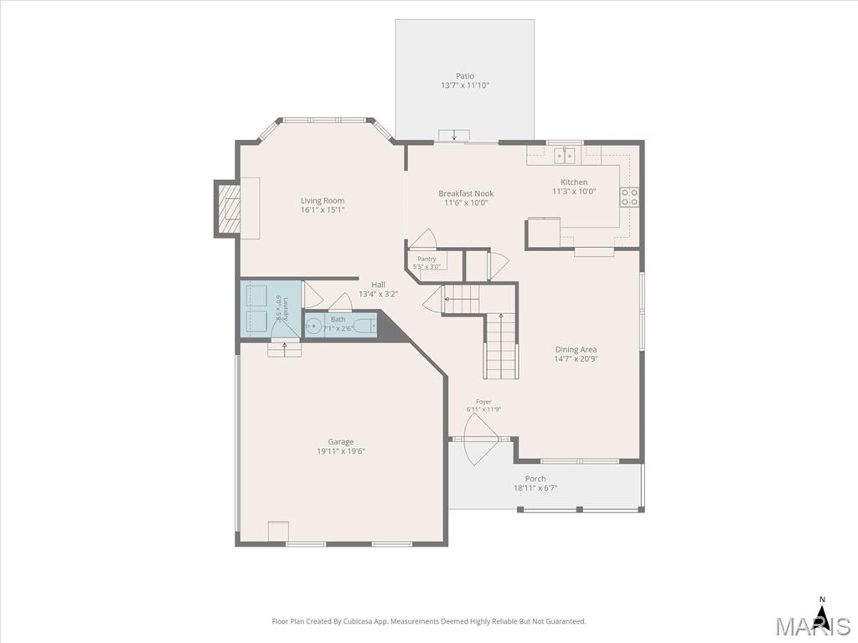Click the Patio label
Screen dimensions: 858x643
(x=464, y=76)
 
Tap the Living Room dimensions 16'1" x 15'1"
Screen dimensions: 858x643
(x=323, y=210)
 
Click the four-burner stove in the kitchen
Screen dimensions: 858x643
(x=629, y=197)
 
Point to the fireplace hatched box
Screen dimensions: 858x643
(x=229, y=208)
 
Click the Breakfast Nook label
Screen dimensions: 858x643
(x=466, y=193)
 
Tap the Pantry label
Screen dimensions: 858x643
(x=426, y=259)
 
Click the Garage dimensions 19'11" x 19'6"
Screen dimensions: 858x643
(x=341, y=451)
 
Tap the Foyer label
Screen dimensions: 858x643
(x=483, y=402)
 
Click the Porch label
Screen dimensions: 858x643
(x=535, y=479)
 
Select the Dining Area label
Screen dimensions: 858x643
(x=576, y=349)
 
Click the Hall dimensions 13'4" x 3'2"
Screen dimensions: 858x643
(x=378, y=294)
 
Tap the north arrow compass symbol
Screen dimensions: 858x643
(x=821, y=608)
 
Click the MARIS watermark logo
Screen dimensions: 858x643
(x=813, y=625)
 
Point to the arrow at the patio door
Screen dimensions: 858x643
(x=454, y=135)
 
